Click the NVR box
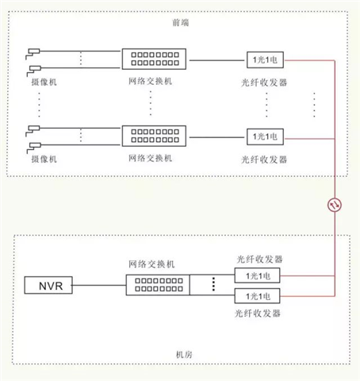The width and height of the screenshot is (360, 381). coord(48,285)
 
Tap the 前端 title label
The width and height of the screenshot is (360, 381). coord(181,22)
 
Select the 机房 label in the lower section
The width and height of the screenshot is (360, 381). coord(184,354)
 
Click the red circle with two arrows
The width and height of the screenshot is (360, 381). coord(335,205)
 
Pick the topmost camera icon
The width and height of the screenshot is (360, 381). coord(33,53)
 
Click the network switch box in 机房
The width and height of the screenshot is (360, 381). coord(158,285)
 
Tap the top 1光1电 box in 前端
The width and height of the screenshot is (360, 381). coord(265,60)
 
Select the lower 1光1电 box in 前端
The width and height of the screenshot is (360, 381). coord(265,137)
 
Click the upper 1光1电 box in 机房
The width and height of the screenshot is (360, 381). coord(258,275)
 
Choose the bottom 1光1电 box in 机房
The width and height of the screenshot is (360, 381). coord(258,296)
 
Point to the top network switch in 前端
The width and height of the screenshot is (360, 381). coord(154,59)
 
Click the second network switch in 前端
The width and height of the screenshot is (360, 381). coord(154,136)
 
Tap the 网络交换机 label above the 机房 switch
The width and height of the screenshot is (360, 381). coord(151,264)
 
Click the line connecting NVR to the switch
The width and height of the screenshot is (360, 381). coord(99,285)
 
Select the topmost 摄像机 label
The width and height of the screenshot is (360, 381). coord(44,82)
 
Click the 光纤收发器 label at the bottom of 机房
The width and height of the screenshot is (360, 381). coord(258,314)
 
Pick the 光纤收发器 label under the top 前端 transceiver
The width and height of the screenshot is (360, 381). coord(264,83)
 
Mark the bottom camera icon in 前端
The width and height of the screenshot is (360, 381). coord(34,148)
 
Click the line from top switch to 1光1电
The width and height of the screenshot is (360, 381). coord(216,60)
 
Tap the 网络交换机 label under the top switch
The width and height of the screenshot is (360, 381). coord(151,81)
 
